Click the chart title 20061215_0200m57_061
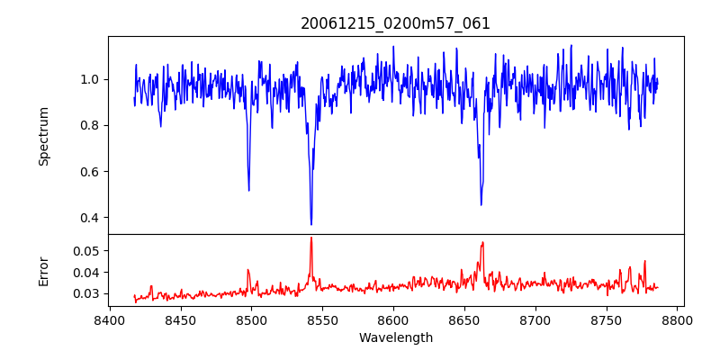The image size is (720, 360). pyautogui.click(x=395, y=23)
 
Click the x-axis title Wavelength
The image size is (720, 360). pyautogui.click(x=395, y=338)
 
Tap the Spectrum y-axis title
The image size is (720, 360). pyautogui.click(x=43, y=136)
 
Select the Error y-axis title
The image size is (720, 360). pyautogui.click(x=43, y=271)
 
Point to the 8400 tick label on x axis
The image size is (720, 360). pyautogui.click(x=109, y=319)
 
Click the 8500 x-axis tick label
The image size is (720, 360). pyautogui.click(x=251, y=319)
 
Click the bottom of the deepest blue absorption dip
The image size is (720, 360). pyautogui.click(x=311, y=224)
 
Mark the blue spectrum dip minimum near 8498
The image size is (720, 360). pyautogui.click(x=248, y=190)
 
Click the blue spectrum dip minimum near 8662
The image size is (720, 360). pyautogui.click(x=481, y=204)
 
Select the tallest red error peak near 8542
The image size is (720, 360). pyautogui.click(x=311, y=238)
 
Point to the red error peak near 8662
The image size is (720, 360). pyautogui.click(x=482, y=242)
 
